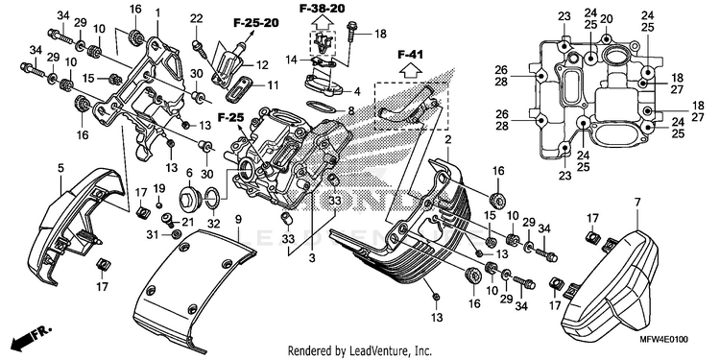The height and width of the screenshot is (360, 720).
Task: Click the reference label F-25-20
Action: [x=255, y=23]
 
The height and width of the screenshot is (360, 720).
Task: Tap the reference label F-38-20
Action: [x=322, y=9]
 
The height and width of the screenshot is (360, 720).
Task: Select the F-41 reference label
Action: [x=410, y=55]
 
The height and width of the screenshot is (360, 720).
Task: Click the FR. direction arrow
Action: [x=33, y=337]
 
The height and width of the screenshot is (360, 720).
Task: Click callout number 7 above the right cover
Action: [x=636, y=202]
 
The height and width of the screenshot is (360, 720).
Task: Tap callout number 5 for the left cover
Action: [x=60, y=169]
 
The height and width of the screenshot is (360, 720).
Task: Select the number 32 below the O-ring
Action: [x=214, y=225]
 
